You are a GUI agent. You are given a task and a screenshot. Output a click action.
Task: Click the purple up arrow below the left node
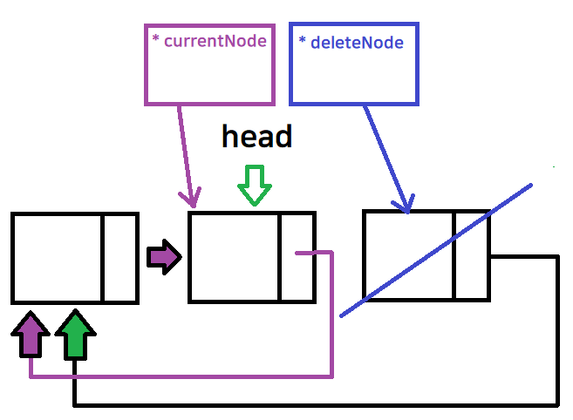(31, 335)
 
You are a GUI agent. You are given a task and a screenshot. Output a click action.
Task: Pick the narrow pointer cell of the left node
(120, 258)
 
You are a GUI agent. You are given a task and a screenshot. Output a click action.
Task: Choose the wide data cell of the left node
(58, 258)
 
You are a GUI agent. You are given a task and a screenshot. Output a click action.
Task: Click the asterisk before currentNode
(155, 41)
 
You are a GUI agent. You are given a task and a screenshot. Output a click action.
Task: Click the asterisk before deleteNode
(302, 42)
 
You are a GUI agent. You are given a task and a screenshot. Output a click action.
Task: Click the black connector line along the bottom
(314, 405)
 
